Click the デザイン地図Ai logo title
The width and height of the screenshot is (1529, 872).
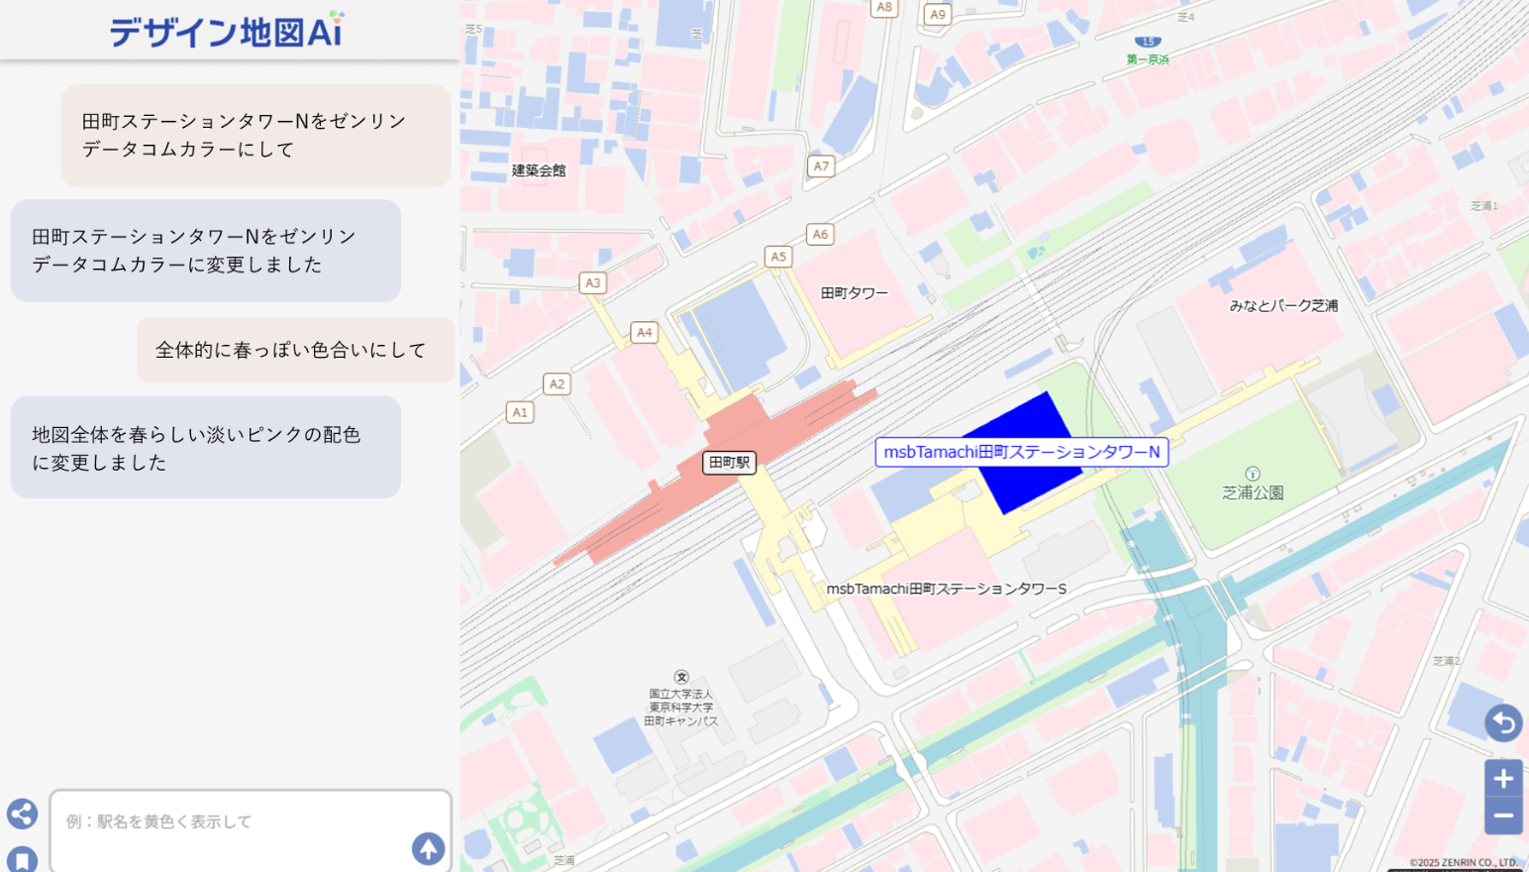tap(226, 31)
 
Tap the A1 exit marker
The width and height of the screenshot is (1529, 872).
tap(520, 412)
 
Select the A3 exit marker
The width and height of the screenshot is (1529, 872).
tap(592, 282)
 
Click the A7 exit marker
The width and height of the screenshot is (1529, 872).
tap(821, 166)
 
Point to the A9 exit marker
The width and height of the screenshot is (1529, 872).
tap(937, 15)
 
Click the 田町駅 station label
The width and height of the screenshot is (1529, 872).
tap(729, 463)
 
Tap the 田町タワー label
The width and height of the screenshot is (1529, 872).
tap(854, 293)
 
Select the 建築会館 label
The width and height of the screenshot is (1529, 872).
tap(539, 170)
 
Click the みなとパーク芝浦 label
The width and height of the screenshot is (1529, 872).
tap(1283, 305)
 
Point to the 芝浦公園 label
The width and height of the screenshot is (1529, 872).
tap(1253, 492)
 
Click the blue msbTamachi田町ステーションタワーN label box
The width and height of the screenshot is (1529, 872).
tap(1021, 452)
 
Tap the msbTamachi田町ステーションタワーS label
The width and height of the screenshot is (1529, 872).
tap(946, 589)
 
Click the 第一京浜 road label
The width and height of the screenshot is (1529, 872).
tap(1148, 59)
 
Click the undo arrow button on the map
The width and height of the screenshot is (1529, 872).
tap(1503, 722)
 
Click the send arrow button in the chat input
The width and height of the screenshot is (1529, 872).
tap(428, 848)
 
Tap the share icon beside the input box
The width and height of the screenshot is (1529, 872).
tap(22, 814)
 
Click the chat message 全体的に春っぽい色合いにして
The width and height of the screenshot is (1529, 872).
tap(290, 350)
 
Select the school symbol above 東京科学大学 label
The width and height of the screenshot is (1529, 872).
tap(681, 677)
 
